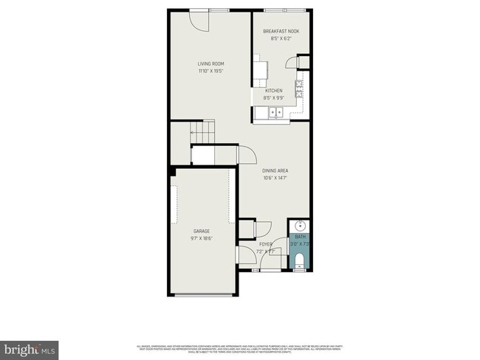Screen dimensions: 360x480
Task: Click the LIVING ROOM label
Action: pos(210,64)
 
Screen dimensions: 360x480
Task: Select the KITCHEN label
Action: pos(273,91)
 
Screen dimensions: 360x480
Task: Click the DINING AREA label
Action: pos(274,170)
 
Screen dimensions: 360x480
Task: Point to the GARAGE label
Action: pos(202,231)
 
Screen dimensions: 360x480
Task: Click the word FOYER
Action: pos(266,244)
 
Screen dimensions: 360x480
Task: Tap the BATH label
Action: pos(300,236)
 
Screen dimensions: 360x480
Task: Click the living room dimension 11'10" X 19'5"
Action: pos(210,72)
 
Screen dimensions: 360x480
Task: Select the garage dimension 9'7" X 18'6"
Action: pos(202,238)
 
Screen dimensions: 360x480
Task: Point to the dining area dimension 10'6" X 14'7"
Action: pos(274,178)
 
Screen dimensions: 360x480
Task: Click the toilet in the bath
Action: pos(300,259)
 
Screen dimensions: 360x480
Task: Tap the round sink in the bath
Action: pos(300,226)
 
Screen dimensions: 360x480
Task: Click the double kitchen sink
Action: pos(275,112)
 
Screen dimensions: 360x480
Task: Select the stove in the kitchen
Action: pos(298,89)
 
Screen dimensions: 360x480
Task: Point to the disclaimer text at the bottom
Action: pos(239,348)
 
